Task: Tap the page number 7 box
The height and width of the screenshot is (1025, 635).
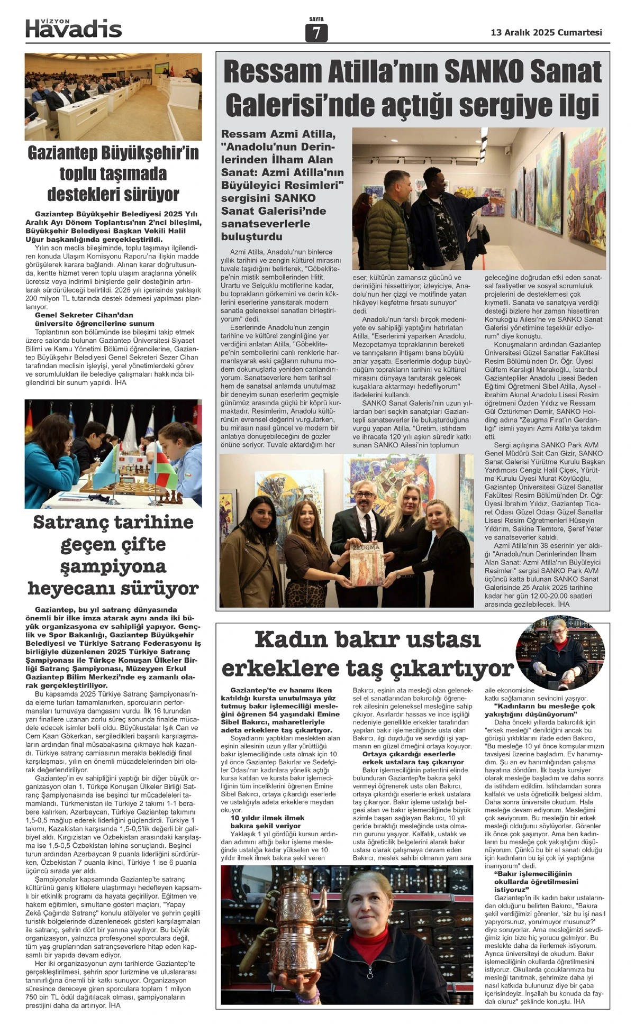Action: (x=316, y=33)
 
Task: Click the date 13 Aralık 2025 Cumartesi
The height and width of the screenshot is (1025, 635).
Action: (x=547, y=32)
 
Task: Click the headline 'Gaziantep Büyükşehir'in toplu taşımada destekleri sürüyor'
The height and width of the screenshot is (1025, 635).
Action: (x=113, y=173)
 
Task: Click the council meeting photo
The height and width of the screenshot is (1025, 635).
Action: (x=113, y=96)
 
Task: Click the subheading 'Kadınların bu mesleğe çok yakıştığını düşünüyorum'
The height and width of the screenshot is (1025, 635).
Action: (x=544, y=710)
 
